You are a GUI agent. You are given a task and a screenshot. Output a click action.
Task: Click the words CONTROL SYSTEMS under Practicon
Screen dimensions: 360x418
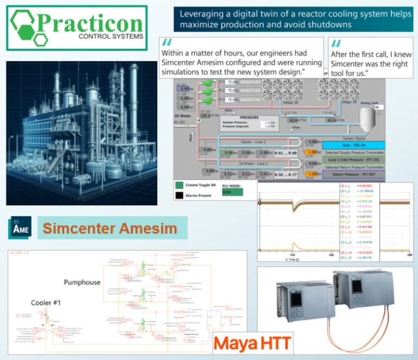[112, 37]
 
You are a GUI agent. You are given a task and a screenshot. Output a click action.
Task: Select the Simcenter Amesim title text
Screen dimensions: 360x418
[109, 228]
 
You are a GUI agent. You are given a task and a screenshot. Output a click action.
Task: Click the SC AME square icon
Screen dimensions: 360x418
[20, 228]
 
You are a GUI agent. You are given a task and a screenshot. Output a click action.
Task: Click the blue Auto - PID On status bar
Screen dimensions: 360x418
[354, 145]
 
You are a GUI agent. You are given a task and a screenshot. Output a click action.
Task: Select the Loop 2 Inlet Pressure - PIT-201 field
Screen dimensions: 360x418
[354, 160]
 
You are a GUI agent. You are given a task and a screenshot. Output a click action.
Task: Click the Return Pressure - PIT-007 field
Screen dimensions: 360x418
[354, 175]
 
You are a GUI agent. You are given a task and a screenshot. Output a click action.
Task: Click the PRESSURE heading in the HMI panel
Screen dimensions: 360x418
[249, 117]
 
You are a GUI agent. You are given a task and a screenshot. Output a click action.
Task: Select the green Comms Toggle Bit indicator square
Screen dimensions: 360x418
[179, 185]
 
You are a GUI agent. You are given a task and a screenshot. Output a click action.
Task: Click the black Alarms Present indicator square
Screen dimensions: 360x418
[179, 194]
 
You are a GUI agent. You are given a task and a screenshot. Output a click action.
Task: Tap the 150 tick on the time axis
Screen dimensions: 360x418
[292, 254]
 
